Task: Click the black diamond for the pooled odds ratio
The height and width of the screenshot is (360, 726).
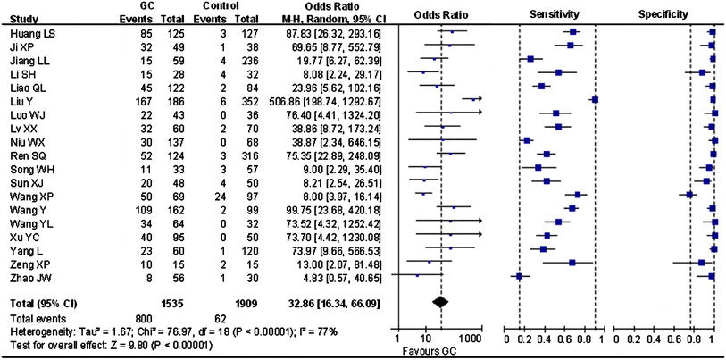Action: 439,302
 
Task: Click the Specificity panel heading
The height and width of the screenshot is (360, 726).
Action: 662,15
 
